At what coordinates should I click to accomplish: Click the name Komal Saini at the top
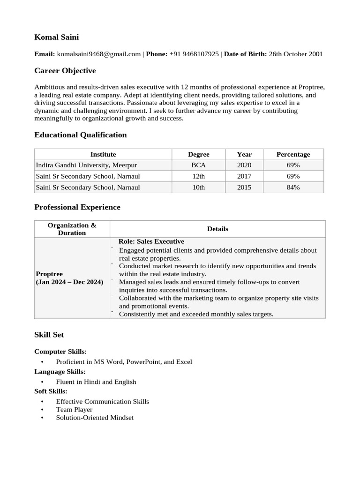coord(56,37)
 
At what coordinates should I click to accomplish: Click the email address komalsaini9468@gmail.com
coord(99,54)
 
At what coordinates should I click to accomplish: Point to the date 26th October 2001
coord(295,54)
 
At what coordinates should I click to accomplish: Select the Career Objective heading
coord(65,71)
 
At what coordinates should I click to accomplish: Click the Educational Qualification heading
coord(80,135)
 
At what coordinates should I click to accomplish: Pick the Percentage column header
coord(293,154)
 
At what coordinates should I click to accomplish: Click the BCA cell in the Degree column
coord(198,165)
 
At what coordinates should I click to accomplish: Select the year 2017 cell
coord(244,176)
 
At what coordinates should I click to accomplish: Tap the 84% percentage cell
coord(293,187)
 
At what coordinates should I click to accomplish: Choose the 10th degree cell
coord(198,187)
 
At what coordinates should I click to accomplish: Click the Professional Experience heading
coord(77,207)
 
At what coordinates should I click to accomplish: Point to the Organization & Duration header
coord(72,229)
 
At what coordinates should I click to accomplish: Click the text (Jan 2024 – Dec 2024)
coord(69,282)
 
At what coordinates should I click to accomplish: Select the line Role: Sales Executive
coord(151,241)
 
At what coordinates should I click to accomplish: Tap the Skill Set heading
coord(49,335)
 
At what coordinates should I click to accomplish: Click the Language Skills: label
coord(60,372)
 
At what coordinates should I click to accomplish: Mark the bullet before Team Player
coord(42,410)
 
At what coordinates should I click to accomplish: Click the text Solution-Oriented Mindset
coord(95,417)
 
